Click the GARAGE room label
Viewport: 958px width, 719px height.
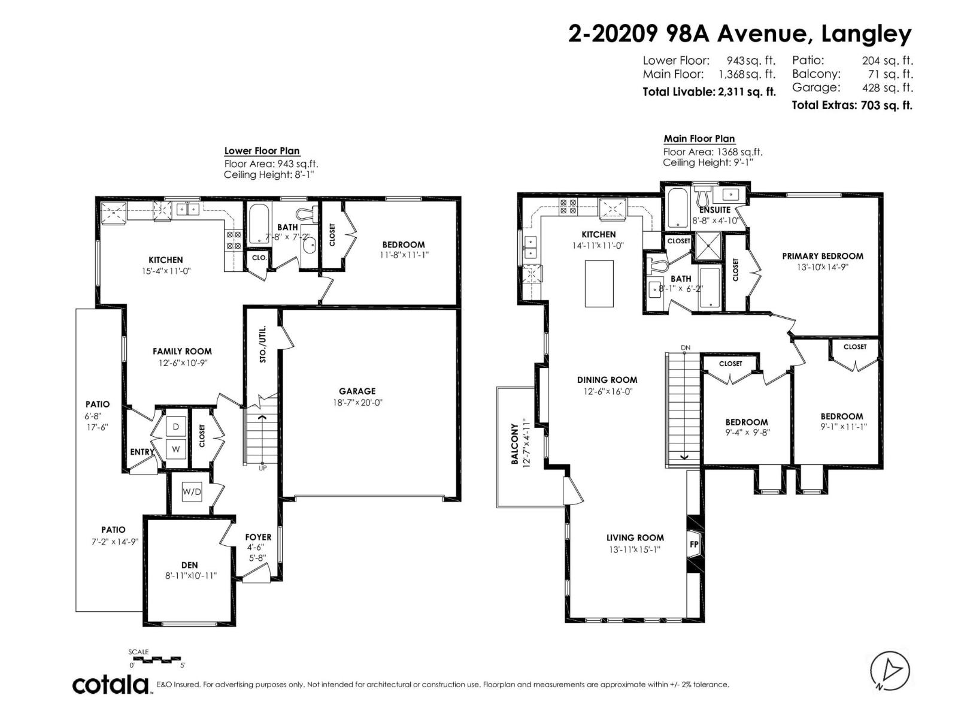(x=357, y=391)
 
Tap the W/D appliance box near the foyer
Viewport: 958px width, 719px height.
(x=192, y=492)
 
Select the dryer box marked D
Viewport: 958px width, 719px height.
(x=175, y=427)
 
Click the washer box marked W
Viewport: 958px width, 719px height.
(x=175, y=449)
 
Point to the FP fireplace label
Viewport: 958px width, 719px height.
(x=694, y=545)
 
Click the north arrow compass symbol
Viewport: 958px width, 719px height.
(x=890, y=670)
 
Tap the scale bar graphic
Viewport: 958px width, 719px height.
(x=157, y=660)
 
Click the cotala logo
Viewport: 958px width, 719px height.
(x=111, y=684)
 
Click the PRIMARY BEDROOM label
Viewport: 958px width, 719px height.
(x=822, y=256)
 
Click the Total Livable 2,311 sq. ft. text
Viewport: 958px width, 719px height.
(x=709, y=92)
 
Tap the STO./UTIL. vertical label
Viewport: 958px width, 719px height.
(x=262, y=345)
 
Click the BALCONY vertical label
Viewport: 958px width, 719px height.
(x=514, y=444)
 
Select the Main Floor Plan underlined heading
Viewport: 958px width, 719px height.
(x=699, y=138)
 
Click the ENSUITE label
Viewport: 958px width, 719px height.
(x=714, y=210)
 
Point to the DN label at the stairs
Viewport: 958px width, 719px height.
(x=686, y=348)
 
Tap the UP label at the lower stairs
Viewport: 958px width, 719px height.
(x=262, y=467)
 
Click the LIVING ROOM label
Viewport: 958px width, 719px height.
(x=635, y=537)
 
